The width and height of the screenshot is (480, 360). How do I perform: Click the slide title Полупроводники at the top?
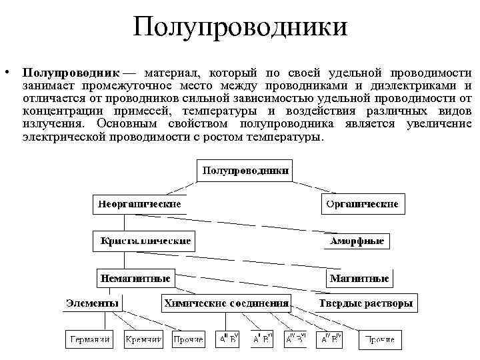click(x=240, y=28)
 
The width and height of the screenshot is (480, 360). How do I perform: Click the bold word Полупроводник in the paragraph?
click(x=70, y=72)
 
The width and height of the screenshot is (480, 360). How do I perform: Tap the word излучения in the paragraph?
click(x=52, y=123)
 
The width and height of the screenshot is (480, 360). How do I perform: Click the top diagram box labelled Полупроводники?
click(x=245, y=171)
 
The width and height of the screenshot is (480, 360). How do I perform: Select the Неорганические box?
click(x=139, y=203)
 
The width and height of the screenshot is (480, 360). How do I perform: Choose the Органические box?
click(x=363, y=203)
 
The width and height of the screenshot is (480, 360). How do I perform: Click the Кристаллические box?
click(x=145, y=241)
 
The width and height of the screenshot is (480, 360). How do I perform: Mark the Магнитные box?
click(x=359, y=277)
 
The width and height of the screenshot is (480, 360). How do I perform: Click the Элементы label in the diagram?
click(x=92, y=304)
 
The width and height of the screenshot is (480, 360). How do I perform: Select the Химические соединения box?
click(x=227, y=304)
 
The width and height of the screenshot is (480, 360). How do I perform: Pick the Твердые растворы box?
click(x=365, y=304)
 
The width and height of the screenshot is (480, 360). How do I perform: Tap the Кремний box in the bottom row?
click(x=144, y=339)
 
